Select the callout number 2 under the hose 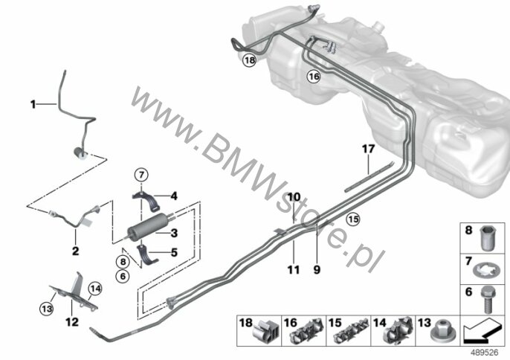tap(75, 251)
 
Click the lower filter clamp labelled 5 tap(151, 256)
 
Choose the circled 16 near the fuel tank tap(314, 76)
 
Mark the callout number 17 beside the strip tap(367, 149)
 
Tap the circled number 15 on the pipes tap(352, 218)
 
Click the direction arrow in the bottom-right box tap(485, 328)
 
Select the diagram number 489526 tap(484, 353)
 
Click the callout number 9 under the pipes tap(317, 270)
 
